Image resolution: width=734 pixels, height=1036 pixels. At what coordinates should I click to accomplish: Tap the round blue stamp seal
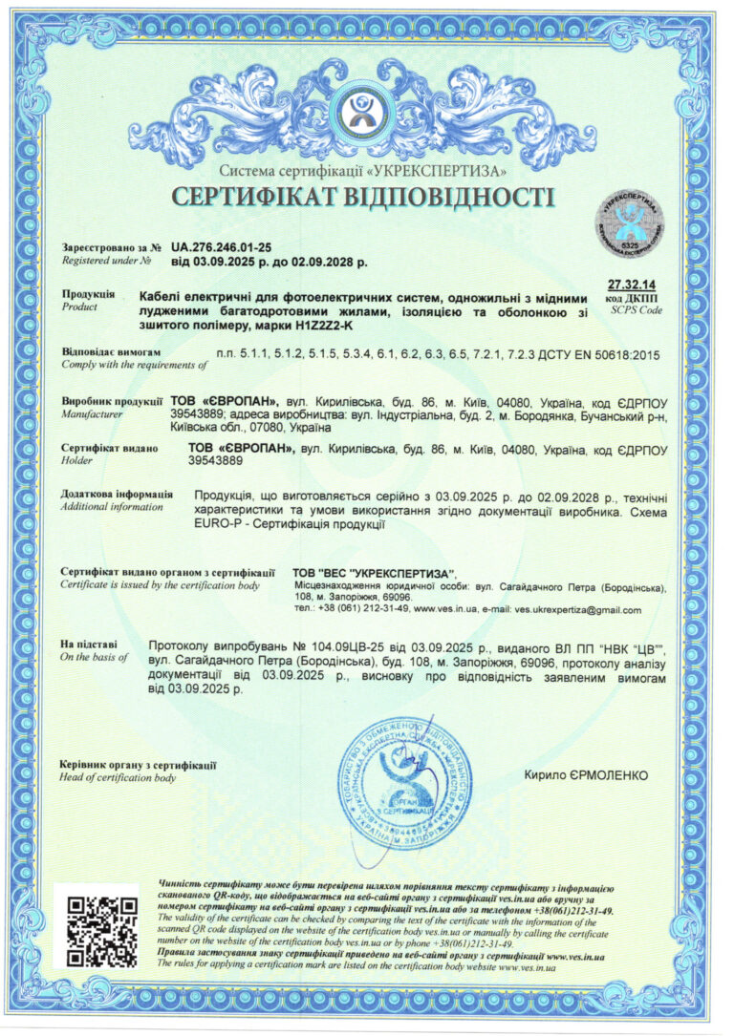(404, 782)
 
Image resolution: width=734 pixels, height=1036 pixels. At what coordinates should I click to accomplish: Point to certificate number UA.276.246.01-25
(222, 246)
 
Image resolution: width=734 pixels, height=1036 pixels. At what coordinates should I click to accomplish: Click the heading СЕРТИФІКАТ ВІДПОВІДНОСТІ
(362, 198)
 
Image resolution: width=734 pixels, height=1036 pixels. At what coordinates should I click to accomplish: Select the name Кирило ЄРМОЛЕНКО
(586, 774)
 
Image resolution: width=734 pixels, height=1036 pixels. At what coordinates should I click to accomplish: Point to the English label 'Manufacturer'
(92, 414)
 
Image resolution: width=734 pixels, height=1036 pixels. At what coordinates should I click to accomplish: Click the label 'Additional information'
(111, 506)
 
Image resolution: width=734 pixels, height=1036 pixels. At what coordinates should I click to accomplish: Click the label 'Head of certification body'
(118, 778)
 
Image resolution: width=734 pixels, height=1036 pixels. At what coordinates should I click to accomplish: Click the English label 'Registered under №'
(106, 260)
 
